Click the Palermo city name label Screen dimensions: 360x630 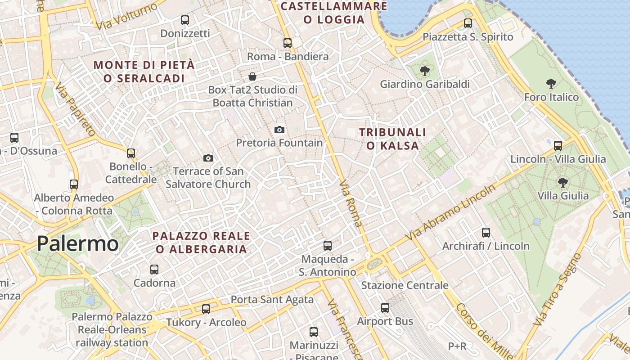click(x=77, y=243)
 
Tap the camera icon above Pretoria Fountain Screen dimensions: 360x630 click(x=279, y=130)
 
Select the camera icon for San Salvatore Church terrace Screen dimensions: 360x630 click(x=208, y=158)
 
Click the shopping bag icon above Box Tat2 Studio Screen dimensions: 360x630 click(x=252, y=76)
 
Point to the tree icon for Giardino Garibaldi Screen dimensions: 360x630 click(x=424, y=71)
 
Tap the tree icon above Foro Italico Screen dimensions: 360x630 click(x=551, y=84)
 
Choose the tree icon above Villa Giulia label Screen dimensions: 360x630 click(x=562, y=182)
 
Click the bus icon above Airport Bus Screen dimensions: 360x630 click(x=385, y=308)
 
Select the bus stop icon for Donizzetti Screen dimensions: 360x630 click(x=185, y=20)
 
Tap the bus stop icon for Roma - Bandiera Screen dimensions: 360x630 click(x=288, y=43)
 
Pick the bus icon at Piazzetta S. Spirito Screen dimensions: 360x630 click(x=468, y=23)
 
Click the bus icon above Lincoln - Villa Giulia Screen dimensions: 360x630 click(x=558, y=146)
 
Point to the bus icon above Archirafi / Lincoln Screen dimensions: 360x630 click(x=486, y=233)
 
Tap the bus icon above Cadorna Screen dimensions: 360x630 click(x=154, y=270)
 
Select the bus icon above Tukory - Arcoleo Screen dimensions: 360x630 click(x=206, y=309)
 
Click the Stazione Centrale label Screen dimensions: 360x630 click(x=405, y=285)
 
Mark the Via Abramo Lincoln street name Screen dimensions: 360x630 click(x=450, y=212)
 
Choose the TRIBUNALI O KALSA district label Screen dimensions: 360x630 click(x=392, y=139)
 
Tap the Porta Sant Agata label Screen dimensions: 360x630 click(x=272, y=300)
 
